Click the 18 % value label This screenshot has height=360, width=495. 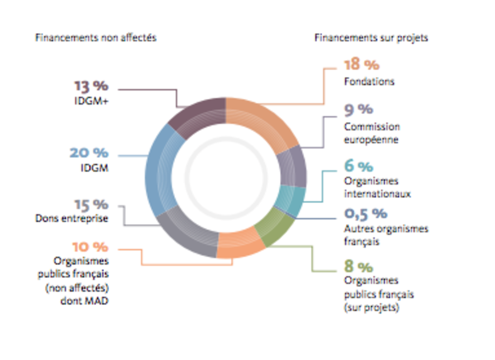pos(362,64)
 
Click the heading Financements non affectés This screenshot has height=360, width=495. pos(96,38)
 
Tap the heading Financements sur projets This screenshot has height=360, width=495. pos(371,38)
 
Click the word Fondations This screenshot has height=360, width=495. pos(365,81)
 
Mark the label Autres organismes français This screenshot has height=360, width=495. pos(386,234)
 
